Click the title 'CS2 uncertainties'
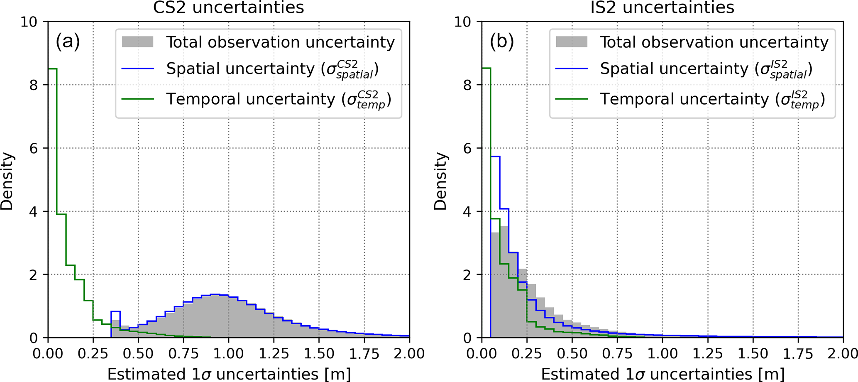coord(228,7)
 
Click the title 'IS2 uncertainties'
coord(662,7)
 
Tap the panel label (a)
coord(68,42)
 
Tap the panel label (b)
coord(502,42)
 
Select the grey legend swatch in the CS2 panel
coord(137,42)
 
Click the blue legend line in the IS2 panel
coord(572,69)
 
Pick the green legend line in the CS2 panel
coord(137,99)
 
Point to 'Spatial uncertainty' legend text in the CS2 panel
coord(240,69)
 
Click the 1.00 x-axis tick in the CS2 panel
coord(229,354)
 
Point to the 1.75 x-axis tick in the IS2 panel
coord(798,354)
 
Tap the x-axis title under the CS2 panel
coord(229,374)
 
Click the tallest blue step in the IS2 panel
coord(495,157)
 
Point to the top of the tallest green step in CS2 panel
coord(52,69)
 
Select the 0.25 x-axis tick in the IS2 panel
coord(527,354)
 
